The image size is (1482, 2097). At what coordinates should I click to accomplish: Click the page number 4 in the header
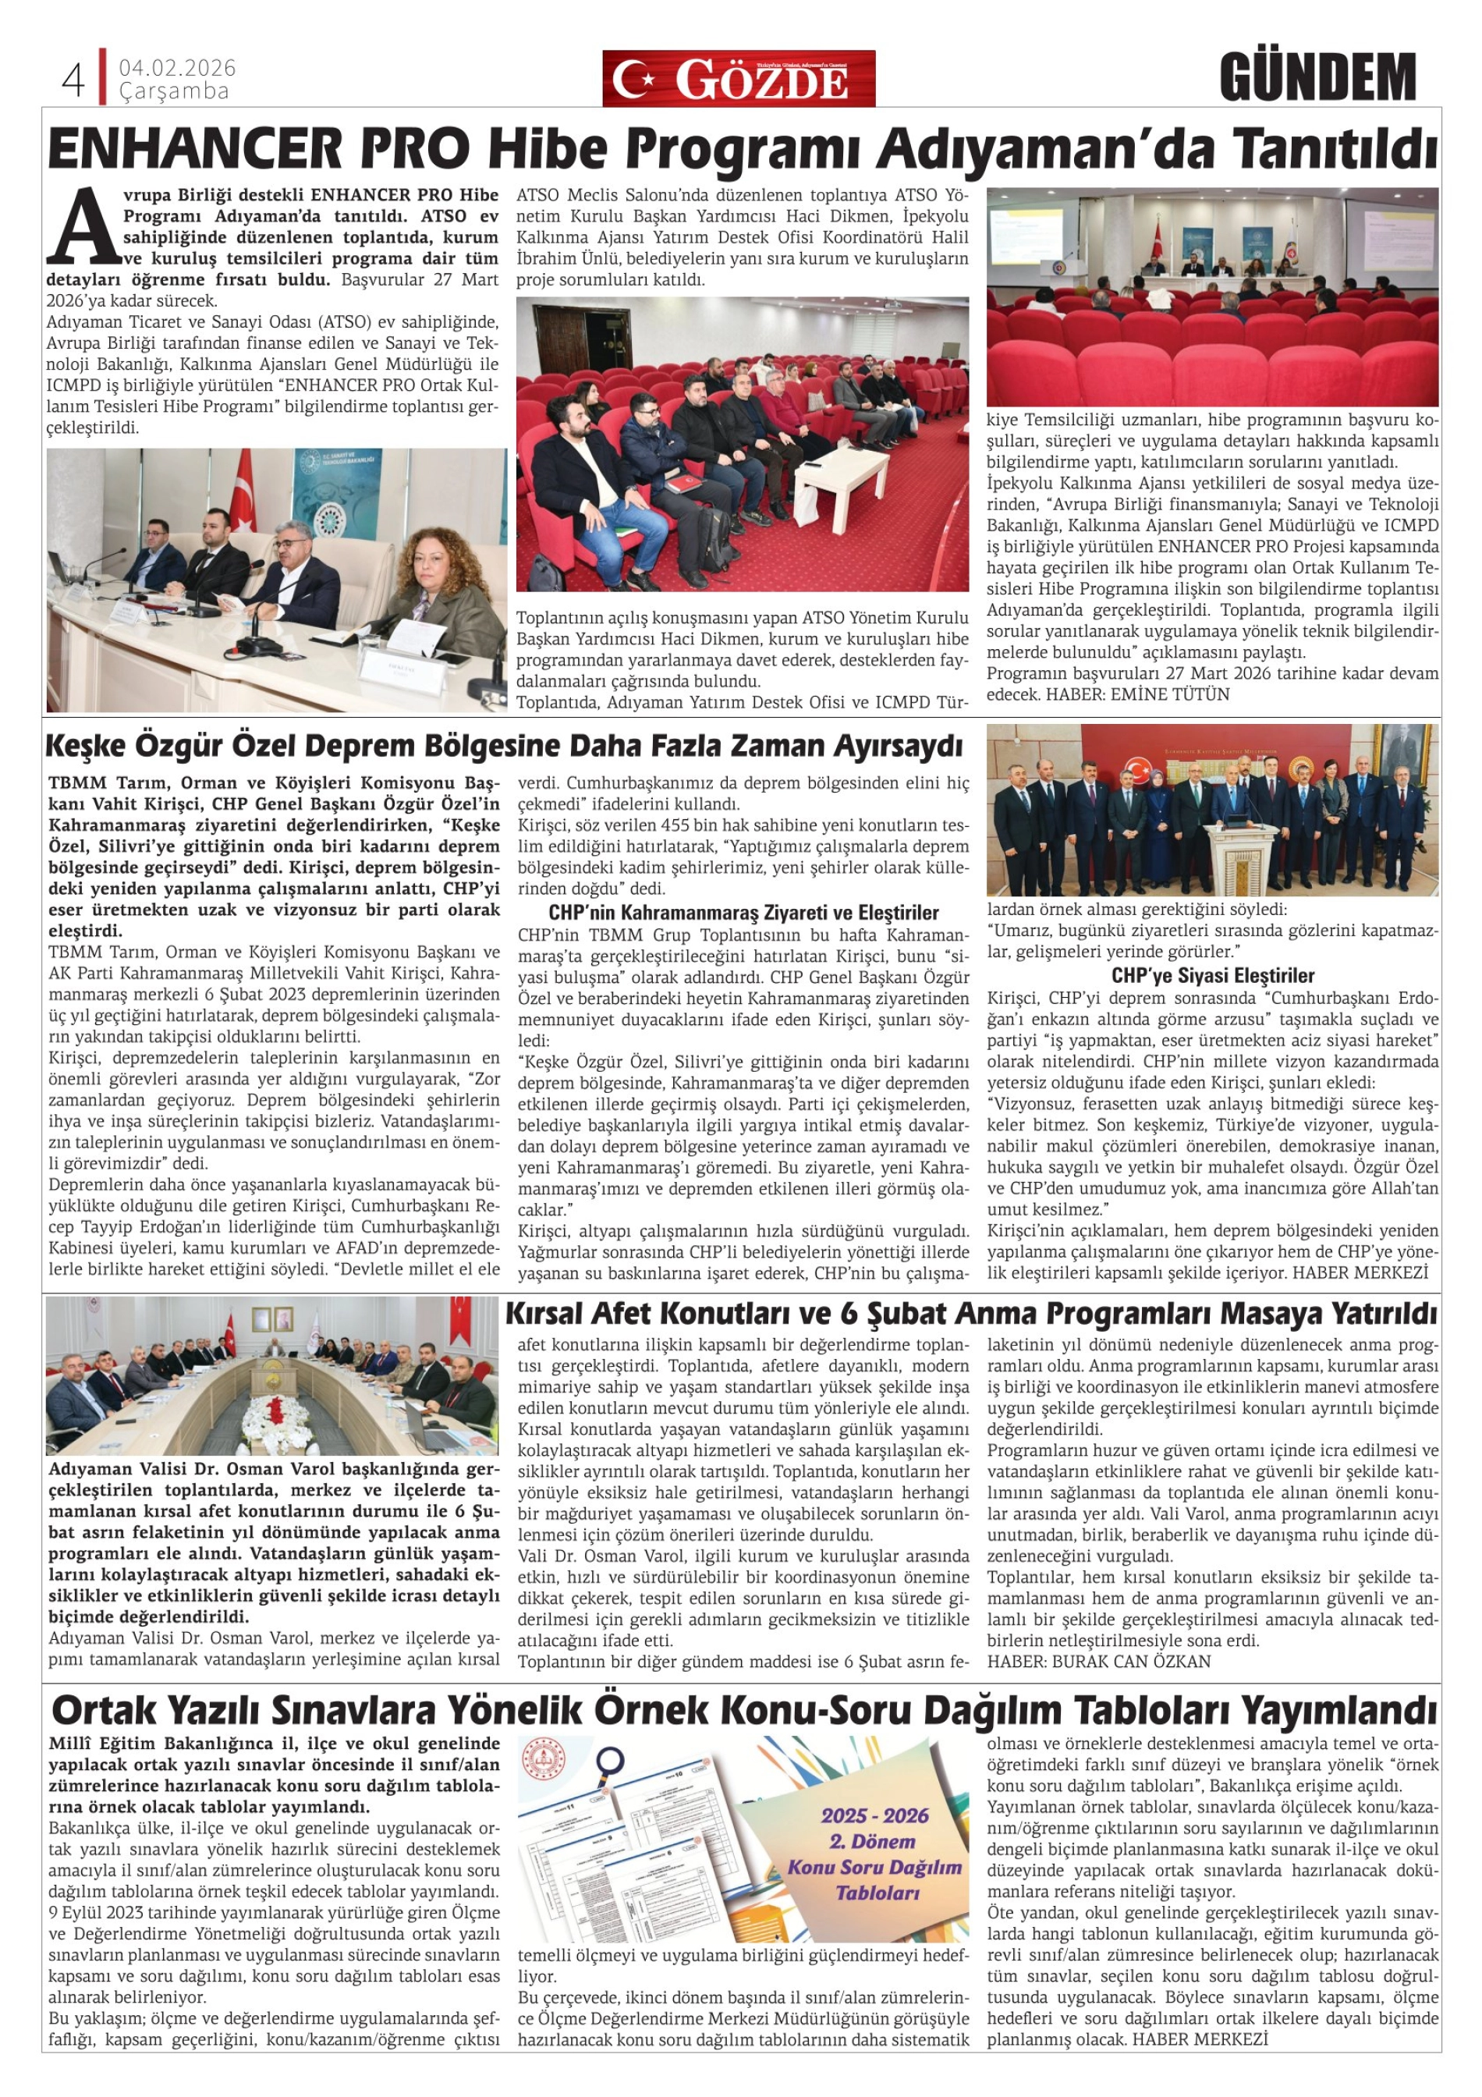tap(72, 81)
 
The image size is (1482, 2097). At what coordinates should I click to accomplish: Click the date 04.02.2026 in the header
tap(177, 69)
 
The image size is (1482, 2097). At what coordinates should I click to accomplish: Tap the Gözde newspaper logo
tap(738, 80)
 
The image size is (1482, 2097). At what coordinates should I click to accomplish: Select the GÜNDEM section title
tap(1317, 79)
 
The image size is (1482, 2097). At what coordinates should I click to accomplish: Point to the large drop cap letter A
tap(82, 225)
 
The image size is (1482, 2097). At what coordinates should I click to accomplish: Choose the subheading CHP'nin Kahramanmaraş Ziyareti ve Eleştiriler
tap(743, 913)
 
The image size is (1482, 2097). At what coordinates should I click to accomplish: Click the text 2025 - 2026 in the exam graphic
tap(874, 1815)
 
